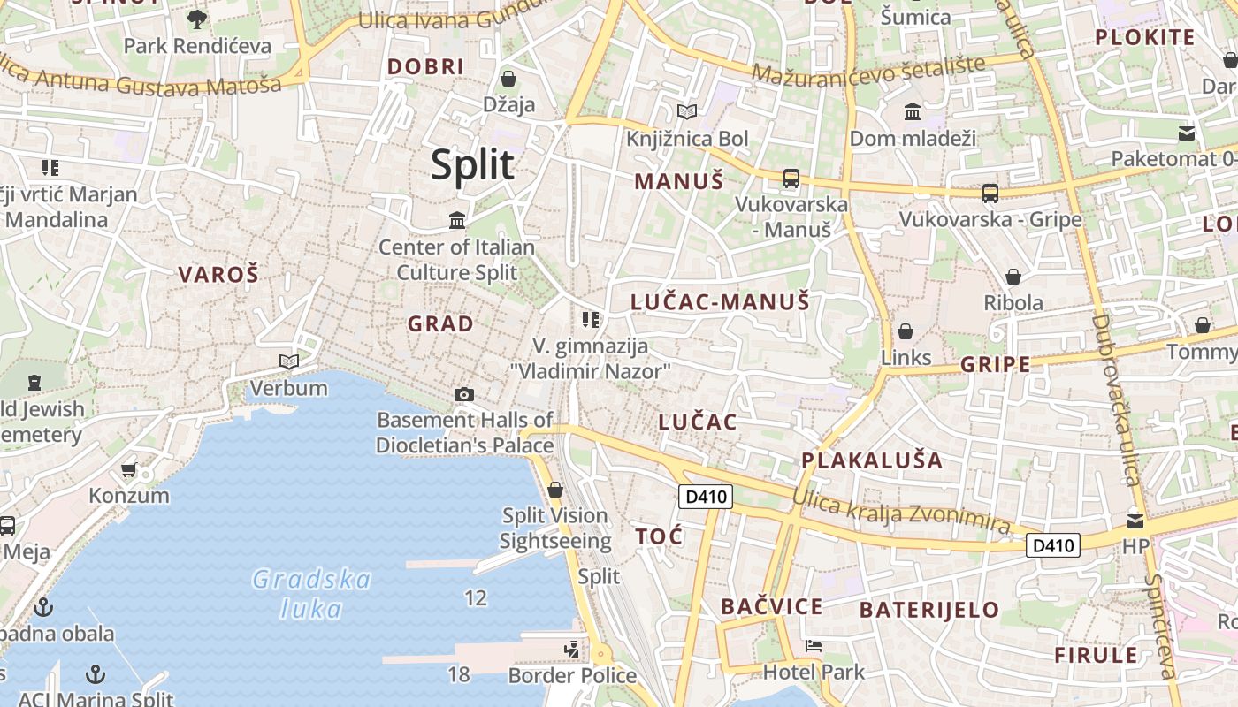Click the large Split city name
click(472, 165)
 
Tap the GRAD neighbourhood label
click(440, 324)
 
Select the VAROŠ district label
click(218, 274)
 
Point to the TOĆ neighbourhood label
click(659, 536)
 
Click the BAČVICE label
click(771, 606)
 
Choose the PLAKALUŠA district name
click(872, 460)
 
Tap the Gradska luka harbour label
click(311, 594)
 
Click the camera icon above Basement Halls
click(463, 394)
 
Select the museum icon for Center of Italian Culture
click(457, 220)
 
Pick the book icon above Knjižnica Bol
click(687, 112)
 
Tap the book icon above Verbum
click(288, 361)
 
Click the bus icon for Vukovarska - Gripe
click(990, 193)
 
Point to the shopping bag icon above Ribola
click(1013, 277)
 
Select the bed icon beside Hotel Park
click(814, 646)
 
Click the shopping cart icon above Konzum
click(129, 469)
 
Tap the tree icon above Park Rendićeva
click(197, 19)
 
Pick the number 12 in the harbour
click(476, 598)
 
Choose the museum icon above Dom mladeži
click(913, 112)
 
